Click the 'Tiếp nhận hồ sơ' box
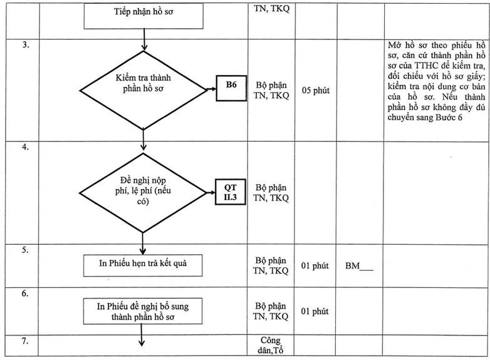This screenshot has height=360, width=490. click(143, 16)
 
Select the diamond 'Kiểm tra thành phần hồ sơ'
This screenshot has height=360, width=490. click(143, 90)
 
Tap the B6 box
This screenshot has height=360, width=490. click(231, 88)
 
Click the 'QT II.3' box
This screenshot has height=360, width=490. click(231, 192)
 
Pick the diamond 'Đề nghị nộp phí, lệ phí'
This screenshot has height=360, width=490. click(143, 193)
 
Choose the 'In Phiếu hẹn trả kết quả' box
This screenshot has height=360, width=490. click(143, 265)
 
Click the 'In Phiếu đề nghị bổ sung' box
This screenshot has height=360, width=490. click(143, 311)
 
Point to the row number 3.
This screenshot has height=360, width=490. click(26, 44)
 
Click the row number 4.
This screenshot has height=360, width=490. click(25, 147)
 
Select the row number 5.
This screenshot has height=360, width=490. click(25, 250)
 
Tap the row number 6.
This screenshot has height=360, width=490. click(25, 293)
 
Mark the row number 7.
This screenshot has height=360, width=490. click(25, 341)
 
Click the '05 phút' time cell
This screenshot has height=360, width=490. click(316, 91)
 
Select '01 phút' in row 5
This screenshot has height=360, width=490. click(315, 265)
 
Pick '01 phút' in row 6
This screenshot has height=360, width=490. click(315, 311)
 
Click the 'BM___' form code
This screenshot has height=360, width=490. click(360, 266)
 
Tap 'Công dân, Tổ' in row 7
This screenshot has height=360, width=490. click(271, 345)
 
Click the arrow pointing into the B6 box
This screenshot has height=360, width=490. click(211, 89)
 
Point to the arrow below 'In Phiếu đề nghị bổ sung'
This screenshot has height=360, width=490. click(142, 335)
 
